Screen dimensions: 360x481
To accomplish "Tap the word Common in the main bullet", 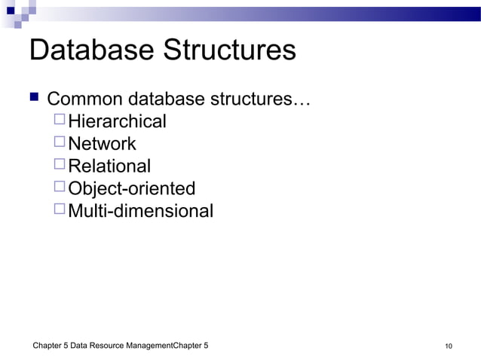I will point(85,99).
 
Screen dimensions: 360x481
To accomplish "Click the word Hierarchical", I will point(117,121).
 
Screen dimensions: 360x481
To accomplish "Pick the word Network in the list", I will point(102,144).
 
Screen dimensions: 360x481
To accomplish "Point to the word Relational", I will point(109,166).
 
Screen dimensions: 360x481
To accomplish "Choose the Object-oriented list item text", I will point(131,188).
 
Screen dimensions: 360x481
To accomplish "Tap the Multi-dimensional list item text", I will point(140,211).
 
